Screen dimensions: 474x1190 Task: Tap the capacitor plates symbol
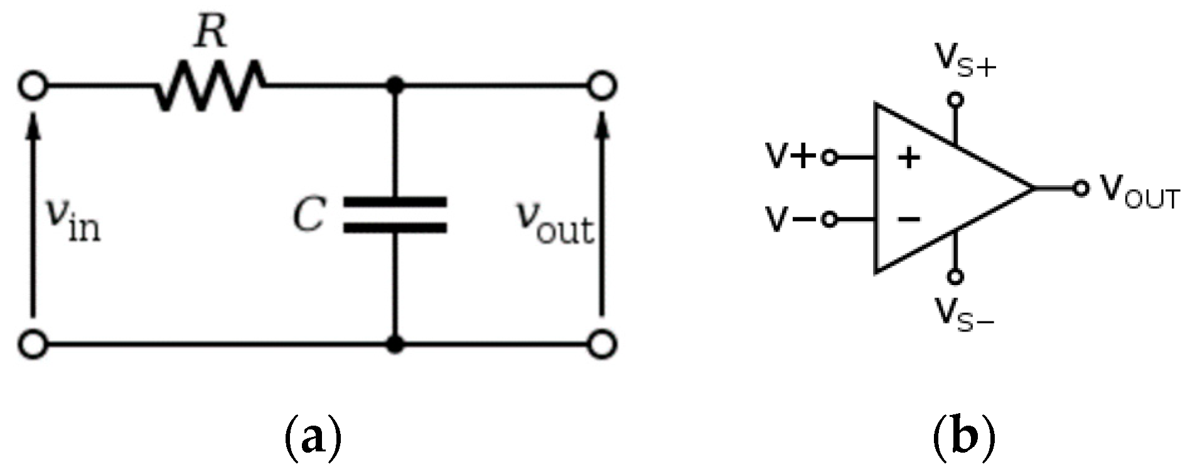tap(395, 215)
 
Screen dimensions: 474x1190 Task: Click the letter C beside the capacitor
tap(309, 215)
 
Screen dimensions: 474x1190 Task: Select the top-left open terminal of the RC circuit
tap(33, 85)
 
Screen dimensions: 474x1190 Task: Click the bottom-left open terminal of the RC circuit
tap(33, 344)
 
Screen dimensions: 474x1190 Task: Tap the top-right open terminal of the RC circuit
tap(601, 85)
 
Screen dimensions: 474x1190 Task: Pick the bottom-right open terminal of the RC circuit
tap(601, 344)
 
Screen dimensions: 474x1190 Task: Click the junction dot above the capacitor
tap(395, 85)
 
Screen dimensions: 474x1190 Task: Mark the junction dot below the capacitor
tap(395, 344)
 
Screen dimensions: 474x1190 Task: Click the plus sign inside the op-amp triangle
tap(909, 158)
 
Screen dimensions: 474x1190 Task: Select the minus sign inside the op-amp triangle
tap(909, 219)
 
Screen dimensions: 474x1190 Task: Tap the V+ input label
tap(790, 157)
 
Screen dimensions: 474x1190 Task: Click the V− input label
tap(790, 220)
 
